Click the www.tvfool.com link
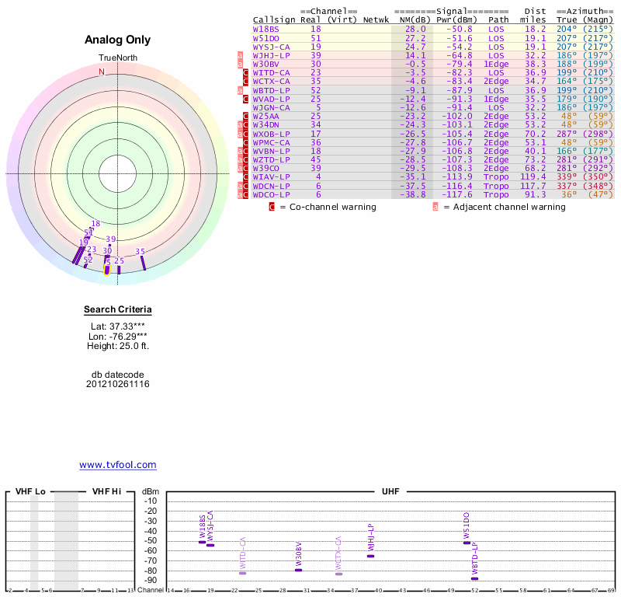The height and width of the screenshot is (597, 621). [118, 465]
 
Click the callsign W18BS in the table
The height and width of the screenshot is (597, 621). [266, 29]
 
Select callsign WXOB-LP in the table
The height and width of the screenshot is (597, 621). [272, 133]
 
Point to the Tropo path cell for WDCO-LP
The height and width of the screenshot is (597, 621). [496, 194]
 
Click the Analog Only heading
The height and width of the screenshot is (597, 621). [118, 40]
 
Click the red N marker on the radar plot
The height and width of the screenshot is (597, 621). [101, 72]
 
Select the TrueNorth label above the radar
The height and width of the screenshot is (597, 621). [118, 58]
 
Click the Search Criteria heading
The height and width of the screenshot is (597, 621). [118, 310]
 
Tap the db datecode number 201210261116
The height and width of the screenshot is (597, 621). [118, 384]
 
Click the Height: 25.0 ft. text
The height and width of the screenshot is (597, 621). [118, 345]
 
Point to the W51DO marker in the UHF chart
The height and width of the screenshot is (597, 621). [467, 543]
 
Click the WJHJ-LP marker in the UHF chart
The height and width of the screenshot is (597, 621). [370, 556]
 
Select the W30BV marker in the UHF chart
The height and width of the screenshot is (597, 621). [298, 570]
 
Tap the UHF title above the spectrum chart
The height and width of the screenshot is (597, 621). [390, 491]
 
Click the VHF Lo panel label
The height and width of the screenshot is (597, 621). [30, 491]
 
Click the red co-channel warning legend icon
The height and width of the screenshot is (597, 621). [272, 208]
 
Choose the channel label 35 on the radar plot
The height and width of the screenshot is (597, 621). [141, 252]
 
